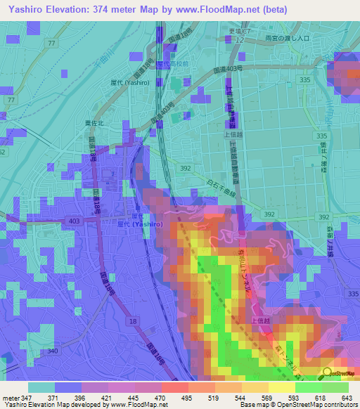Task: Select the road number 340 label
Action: click(x=53, y=351)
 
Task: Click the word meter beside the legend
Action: click(x=11, y=398)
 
